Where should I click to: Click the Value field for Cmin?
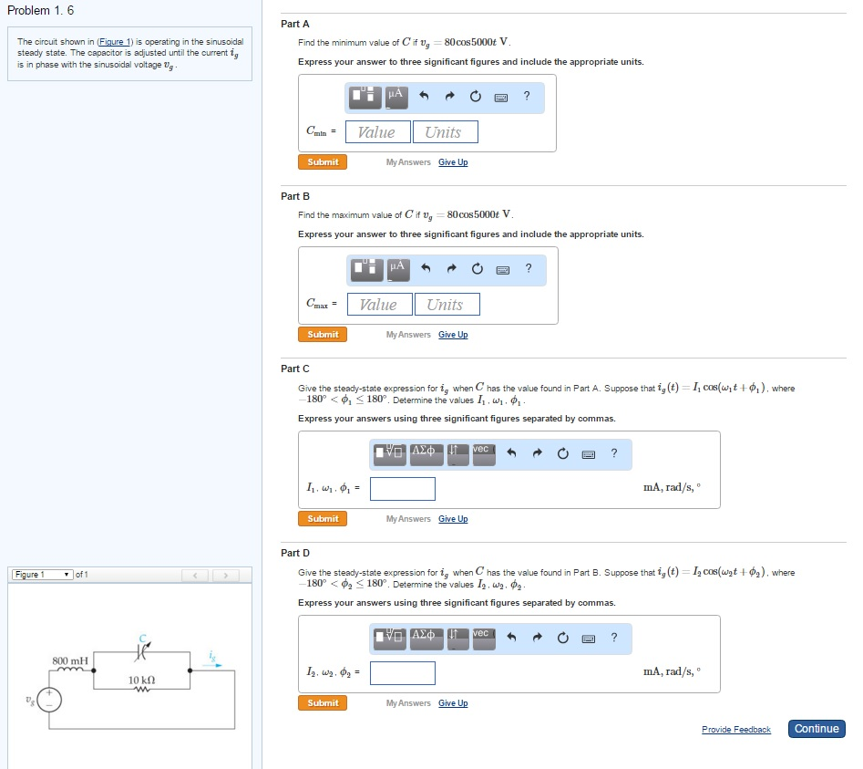tap(376, 132)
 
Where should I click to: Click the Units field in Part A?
tap(445, 132)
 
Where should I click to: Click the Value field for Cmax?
tap(378, 305)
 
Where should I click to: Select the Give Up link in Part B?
tap(453, 335)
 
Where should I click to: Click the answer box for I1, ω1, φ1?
tap(403, 490)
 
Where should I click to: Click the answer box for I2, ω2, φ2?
tap(403, 674)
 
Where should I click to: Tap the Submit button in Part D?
tap(323, 703)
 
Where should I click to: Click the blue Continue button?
tap(817, 729)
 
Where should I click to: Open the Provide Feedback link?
tap(735, 730)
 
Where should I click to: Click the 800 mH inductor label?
tap(70, 660)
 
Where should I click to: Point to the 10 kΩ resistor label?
tap(140, 680)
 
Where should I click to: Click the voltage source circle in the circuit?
tap(50, 700)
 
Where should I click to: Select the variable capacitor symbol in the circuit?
tap(140, 649)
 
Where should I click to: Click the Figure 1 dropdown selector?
tap(44, 575)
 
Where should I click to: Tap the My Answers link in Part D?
tap(408, 703)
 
